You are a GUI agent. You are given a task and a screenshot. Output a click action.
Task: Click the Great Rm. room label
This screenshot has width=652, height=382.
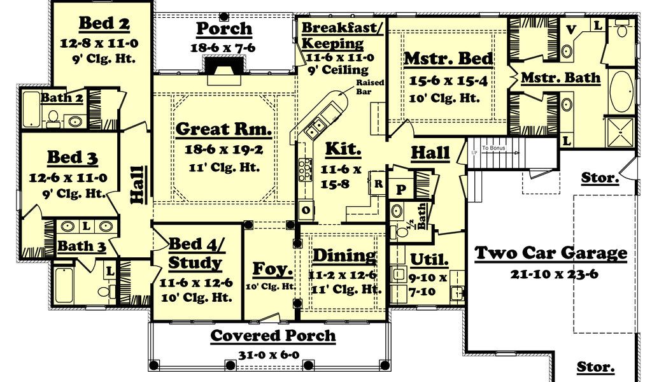point(223,129)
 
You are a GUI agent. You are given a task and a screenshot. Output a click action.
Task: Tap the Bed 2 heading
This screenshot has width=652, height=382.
point(104,24)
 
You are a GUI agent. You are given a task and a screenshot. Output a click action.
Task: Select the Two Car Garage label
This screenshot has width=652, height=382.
point(551,253)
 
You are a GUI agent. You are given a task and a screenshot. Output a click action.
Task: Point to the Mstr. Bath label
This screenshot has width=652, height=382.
point(560,78)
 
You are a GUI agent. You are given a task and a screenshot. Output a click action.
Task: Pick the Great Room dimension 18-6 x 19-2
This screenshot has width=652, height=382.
point(224,150)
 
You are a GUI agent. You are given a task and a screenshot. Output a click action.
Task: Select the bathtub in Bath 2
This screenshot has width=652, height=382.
point(31,110)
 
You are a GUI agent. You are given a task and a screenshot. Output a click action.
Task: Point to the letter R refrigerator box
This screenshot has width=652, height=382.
point(378,183)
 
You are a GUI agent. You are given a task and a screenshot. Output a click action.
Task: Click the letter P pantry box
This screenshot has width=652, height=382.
point(400,190)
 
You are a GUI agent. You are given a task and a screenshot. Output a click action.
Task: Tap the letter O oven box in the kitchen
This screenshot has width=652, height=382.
point(306,210)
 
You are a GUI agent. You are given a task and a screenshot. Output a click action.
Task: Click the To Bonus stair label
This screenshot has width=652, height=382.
point(493,148)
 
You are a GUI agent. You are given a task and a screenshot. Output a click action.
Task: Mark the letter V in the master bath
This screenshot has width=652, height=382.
point(571,29)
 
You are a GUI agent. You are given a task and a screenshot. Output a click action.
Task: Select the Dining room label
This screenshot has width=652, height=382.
point(344,256)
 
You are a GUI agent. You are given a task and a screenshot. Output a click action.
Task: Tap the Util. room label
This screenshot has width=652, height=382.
point(430,260)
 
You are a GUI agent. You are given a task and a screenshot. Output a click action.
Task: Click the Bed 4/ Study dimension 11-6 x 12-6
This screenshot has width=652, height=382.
point(196,283)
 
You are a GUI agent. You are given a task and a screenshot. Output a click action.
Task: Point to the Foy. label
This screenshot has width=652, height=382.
point(273,269)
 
